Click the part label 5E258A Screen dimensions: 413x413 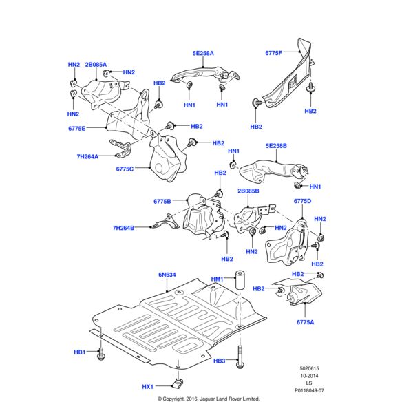203,53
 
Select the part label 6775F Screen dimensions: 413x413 273,53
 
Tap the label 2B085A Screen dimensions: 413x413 96,64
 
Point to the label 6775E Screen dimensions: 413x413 77,128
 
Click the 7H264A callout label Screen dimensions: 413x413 87,156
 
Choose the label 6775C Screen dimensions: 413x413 125,169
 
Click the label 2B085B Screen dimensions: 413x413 248,191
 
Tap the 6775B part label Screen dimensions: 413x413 162,201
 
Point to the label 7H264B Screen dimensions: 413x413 123,227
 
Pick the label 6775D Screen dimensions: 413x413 303,201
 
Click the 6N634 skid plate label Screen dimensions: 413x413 167,275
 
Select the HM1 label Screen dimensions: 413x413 217,279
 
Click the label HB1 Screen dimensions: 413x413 80,352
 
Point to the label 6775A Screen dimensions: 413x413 306,322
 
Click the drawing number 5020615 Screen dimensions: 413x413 310,369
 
